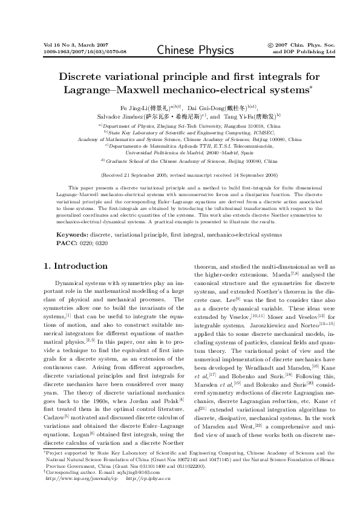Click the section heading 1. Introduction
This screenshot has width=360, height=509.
click(76, 266)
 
